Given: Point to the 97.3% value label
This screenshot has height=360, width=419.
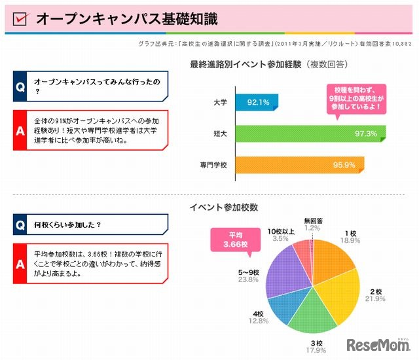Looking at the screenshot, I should [x=364, y=134].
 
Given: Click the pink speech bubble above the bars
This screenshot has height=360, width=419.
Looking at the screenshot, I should [x=358, y=98].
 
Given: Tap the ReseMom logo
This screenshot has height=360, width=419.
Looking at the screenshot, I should [x=378, y=344].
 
